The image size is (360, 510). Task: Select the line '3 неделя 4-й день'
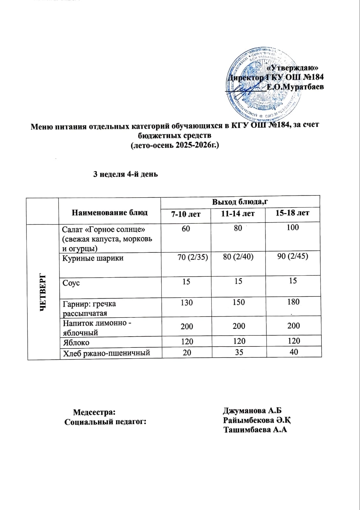pyautogui.click(x=125, y=174)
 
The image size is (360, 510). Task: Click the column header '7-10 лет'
pyautogui.click(x=186, y=214)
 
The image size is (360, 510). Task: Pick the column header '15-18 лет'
pyautogui.click(x=292, y=213)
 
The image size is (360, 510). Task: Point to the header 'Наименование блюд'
pyautogui.click(x=110, y=213)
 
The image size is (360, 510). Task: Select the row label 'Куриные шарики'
pyautogui.click(x=93, y=258)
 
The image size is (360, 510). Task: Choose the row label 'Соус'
pyautogui.click(x=71, y=283)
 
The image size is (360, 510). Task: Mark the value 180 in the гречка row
pyautogui.click(x=293, y=302)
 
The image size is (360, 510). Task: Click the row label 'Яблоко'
pyautogui.click(x=76, y=343)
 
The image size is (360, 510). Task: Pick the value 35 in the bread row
pyautogui.click(x=239, y=352)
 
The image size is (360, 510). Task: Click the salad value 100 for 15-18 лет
pyautogui.click(x=292, y=227)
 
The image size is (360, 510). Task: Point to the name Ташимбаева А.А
pyautogui.click(x=255, y=430)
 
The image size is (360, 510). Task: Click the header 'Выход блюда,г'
pyautogui.click(x=240, y=202)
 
